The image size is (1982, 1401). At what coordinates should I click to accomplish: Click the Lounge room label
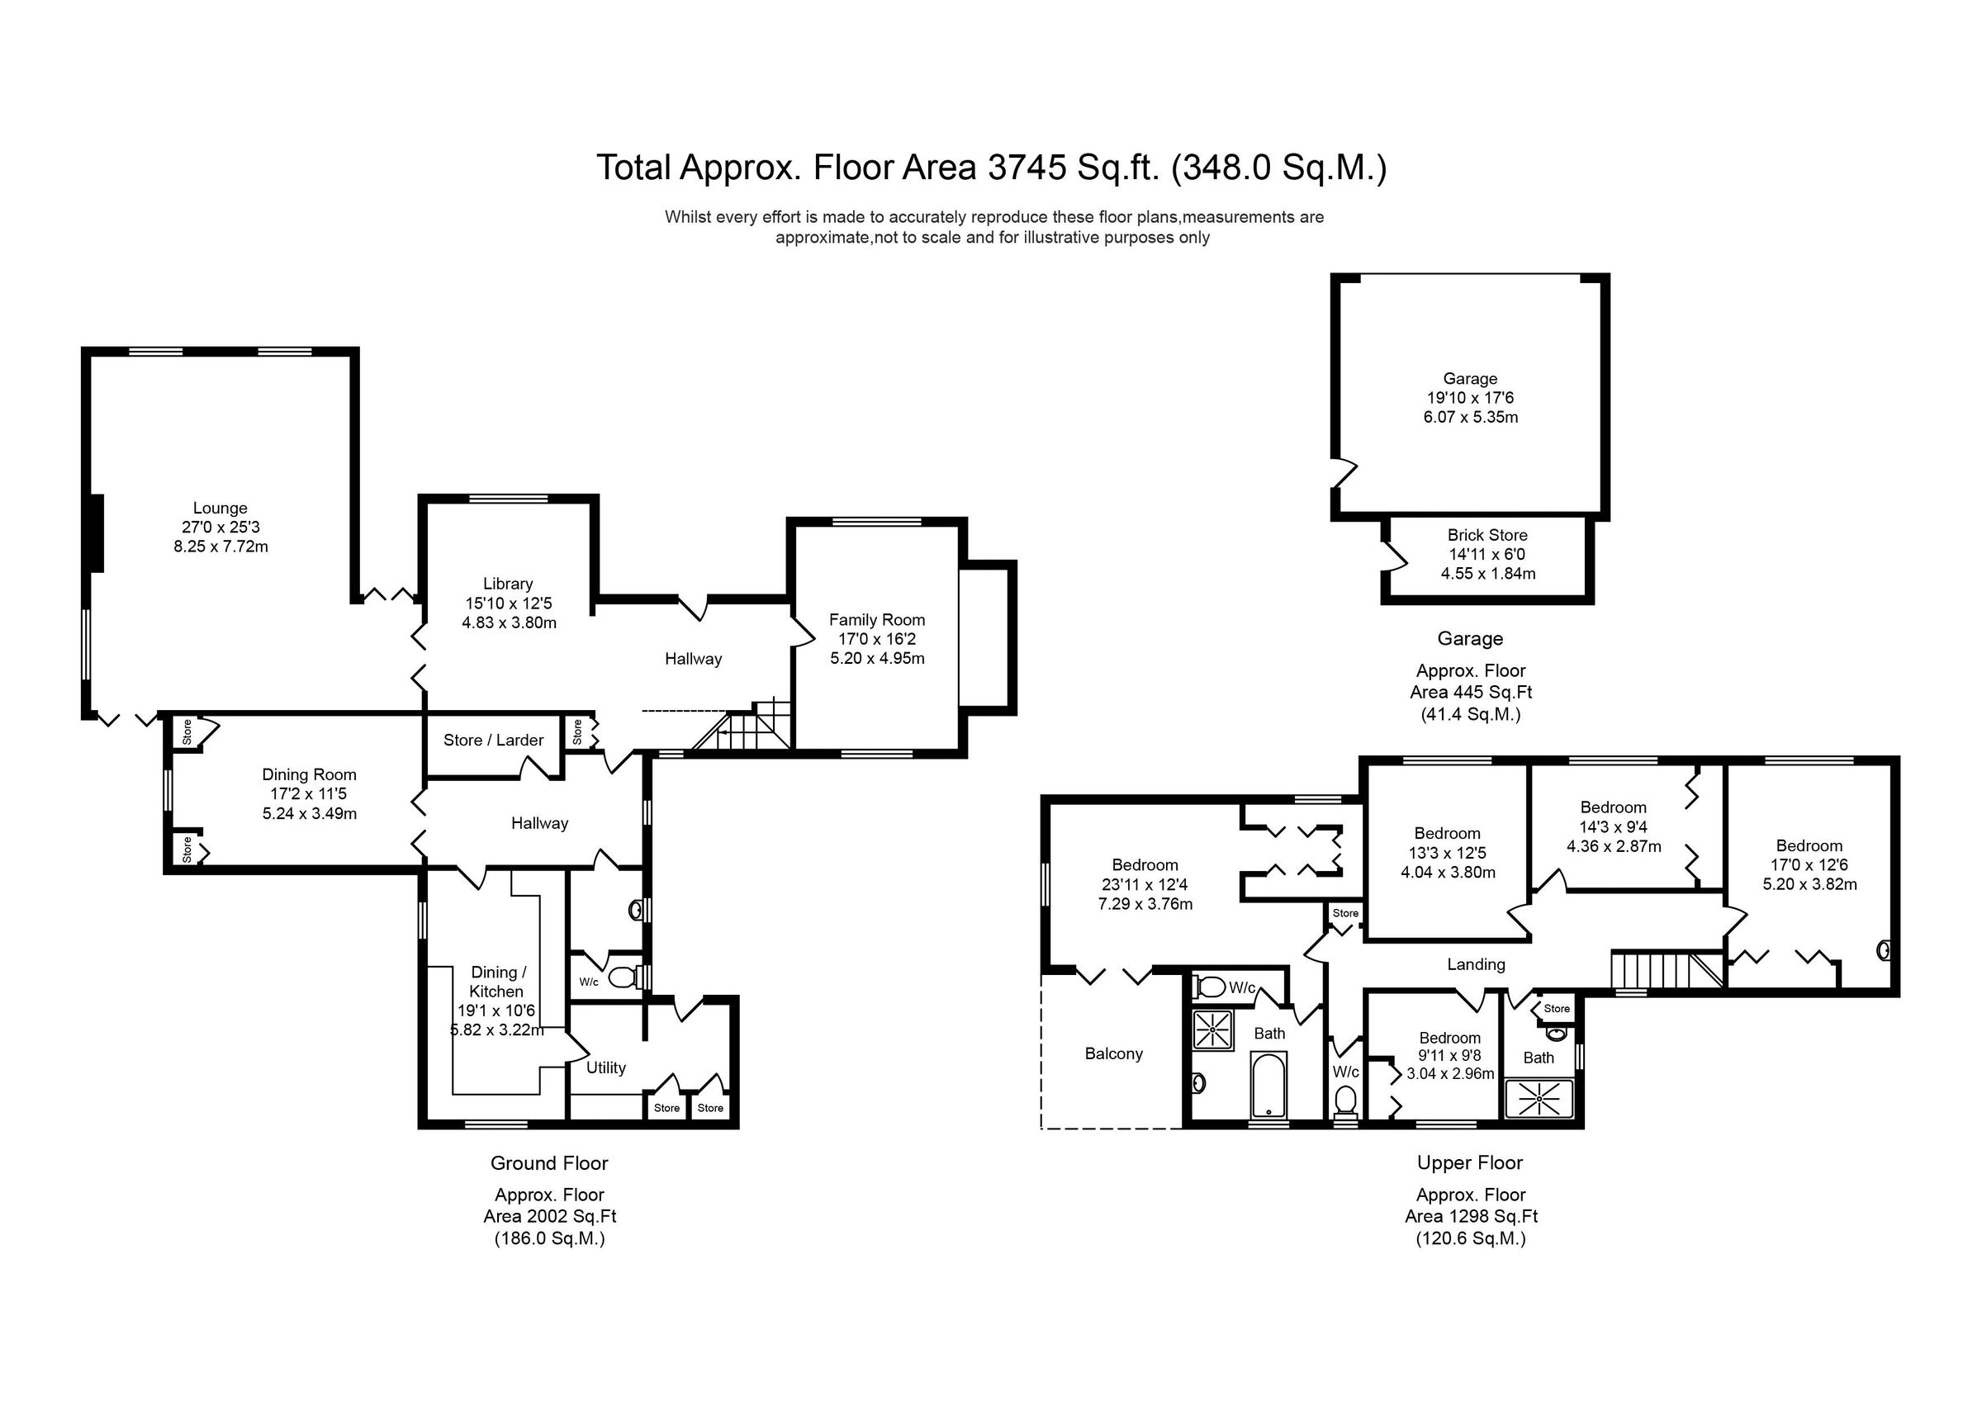coord(220,509)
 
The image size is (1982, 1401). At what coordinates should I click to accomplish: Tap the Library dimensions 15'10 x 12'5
coord(509,603)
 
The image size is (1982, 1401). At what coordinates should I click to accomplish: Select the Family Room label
coord(876,620)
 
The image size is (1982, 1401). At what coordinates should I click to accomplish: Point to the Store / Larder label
coord(493,740)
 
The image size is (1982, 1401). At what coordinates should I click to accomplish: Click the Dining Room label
coord(309,774)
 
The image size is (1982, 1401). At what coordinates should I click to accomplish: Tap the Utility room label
coord(605,1067)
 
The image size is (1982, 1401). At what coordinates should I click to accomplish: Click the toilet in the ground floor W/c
coord(620,977)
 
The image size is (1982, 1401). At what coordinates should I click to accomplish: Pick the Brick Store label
coord(1486,535)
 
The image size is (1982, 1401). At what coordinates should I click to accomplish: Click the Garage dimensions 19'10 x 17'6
coord(1469,398)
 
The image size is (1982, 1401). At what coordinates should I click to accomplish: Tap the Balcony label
coord(1112,1054)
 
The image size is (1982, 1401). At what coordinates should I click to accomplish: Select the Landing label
coord(1475,964)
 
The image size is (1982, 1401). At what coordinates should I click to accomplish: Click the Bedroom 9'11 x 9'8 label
coord(1449,1039)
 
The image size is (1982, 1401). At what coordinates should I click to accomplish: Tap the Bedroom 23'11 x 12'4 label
coord(1144,865)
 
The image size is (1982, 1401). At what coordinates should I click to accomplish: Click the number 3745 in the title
coord(1026,168)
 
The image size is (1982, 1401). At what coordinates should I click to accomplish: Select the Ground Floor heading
coord(549,1162)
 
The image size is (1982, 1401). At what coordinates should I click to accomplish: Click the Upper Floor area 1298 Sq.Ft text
coord(1470,1216)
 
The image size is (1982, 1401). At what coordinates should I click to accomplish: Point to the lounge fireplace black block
coord(97,532)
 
